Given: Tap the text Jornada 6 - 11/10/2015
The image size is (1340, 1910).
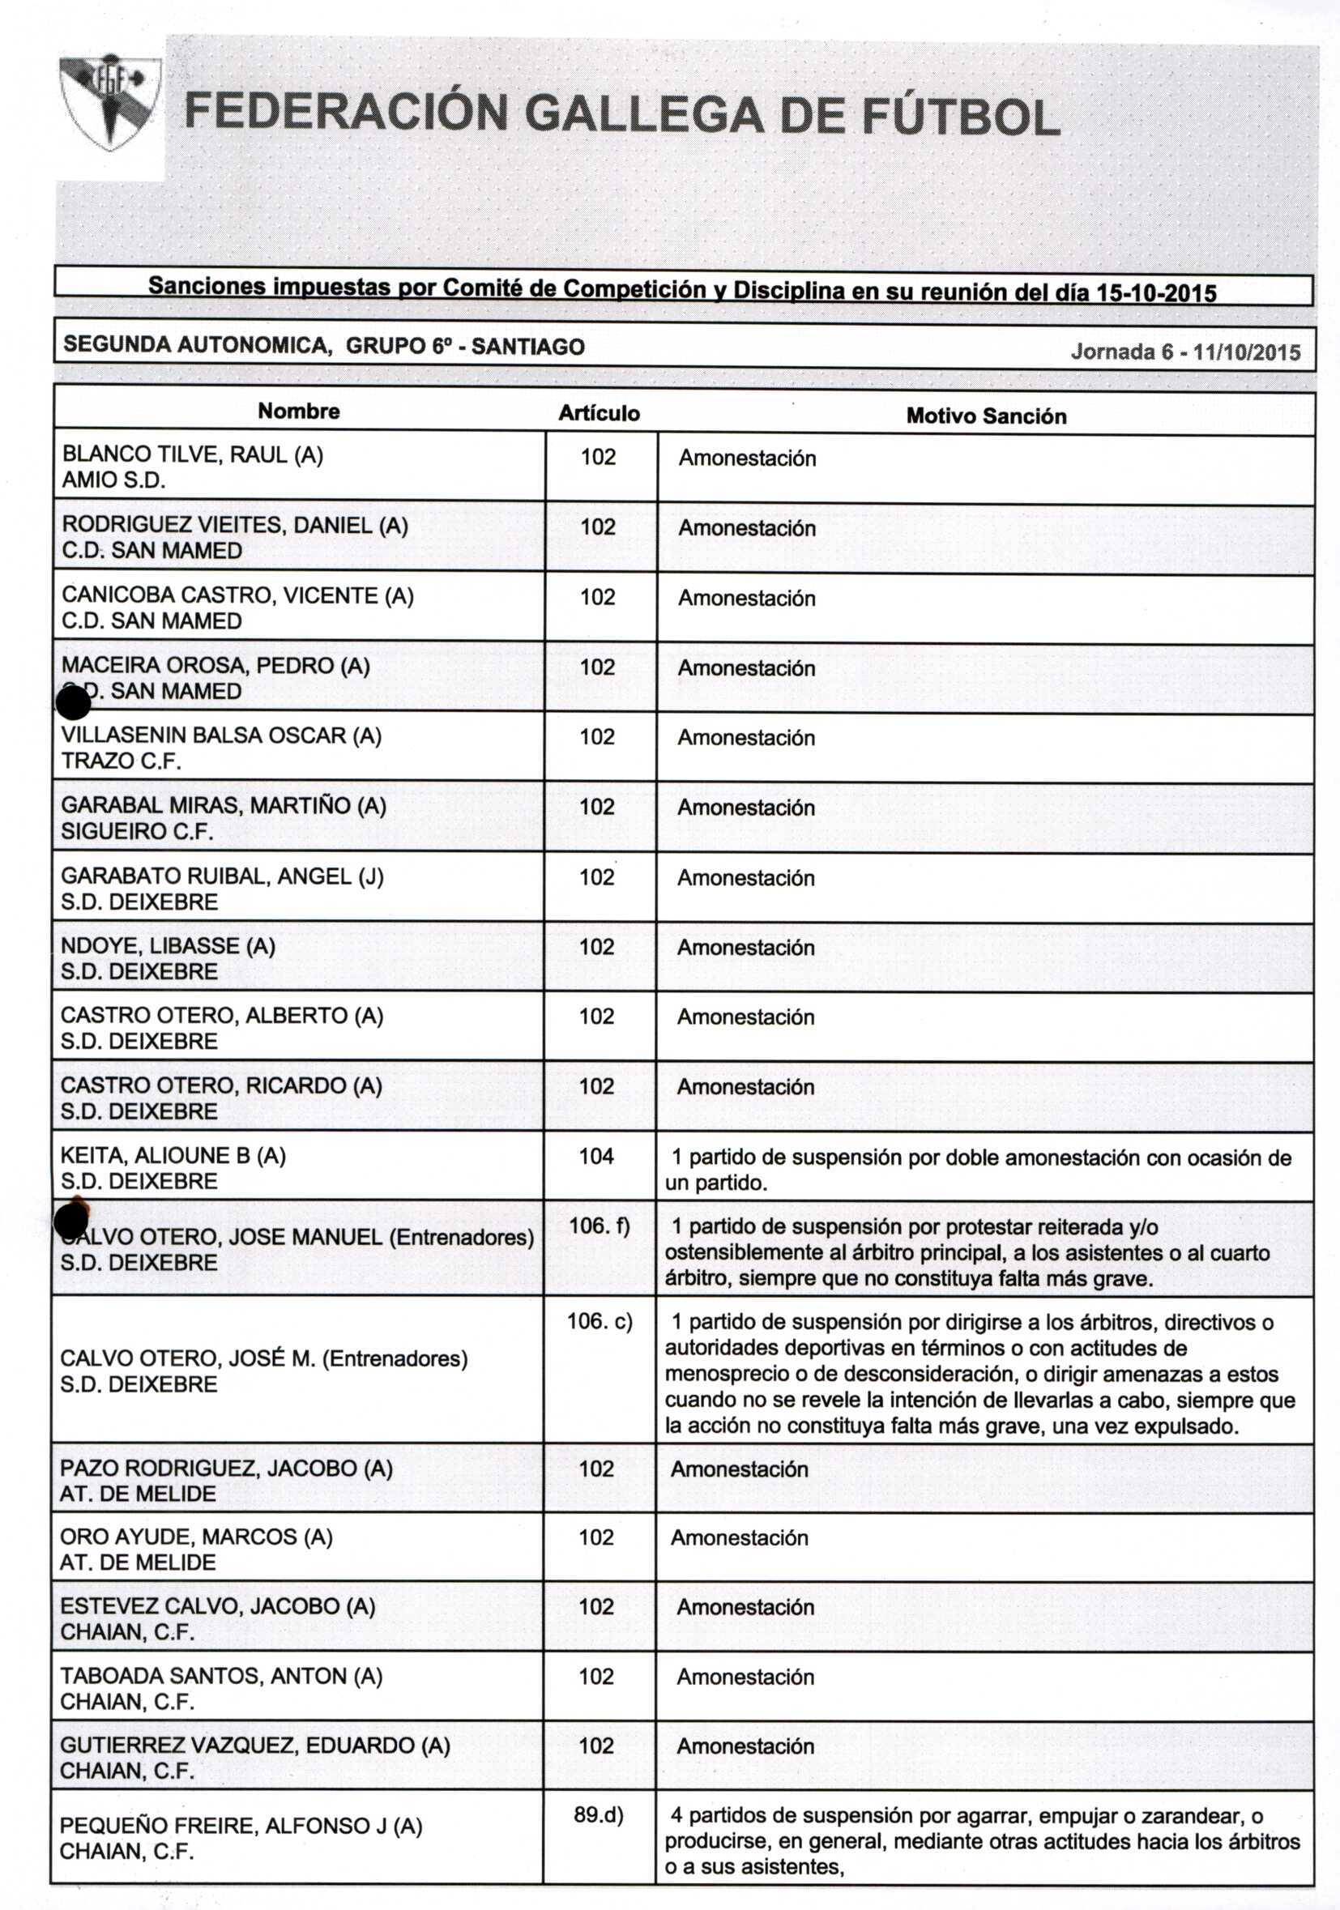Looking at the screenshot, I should click(x=1184, y=352).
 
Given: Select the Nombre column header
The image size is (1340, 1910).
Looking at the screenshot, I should click(x=299, y=411).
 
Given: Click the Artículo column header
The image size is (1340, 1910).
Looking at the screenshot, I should click(x=599, y=413).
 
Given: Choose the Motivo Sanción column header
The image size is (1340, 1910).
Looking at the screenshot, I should click(x=986, y=416).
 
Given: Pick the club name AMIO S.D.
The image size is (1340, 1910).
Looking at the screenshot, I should click(x=114, y=480).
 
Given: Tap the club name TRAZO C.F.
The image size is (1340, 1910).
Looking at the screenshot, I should click(x=121, y=761).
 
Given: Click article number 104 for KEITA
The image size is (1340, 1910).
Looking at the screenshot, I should click(x=596, y=1156).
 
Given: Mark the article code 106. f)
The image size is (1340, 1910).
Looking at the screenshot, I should click(x=599, y=1226).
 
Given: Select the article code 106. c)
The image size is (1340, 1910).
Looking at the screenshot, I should click(x=599, y=1321).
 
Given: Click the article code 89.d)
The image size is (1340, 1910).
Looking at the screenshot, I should click(x=598, y=1814).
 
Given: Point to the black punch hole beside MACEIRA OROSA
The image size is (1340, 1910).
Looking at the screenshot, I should click(x=73, y=703).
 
